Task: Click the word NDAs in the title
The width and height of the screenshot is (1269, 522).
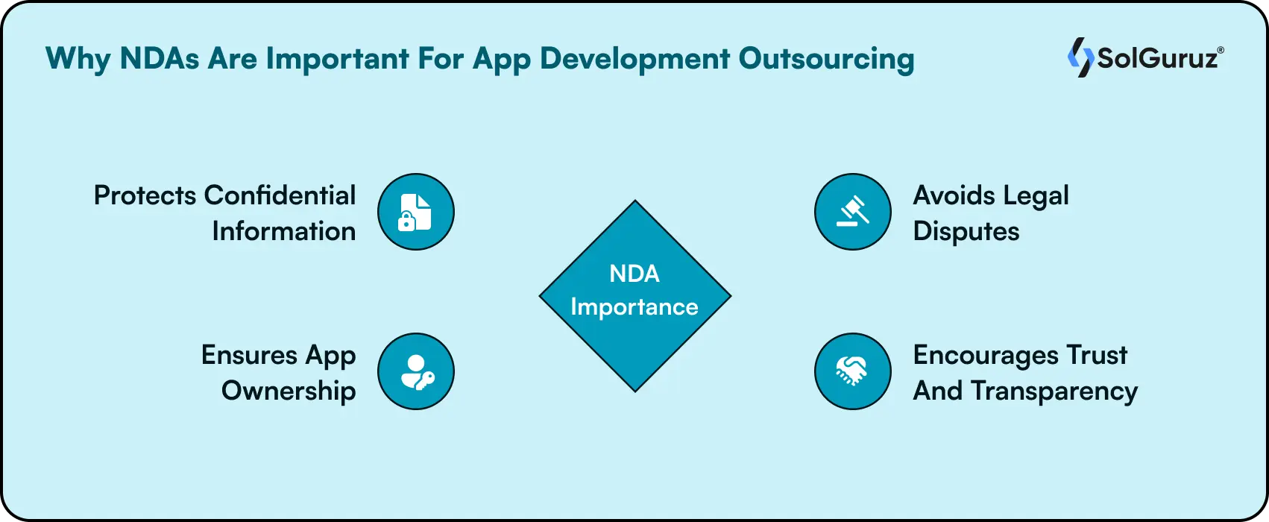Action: tap(159, 59)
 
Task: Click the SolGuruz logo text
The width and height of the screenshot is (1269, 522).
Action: tap(1159, 58)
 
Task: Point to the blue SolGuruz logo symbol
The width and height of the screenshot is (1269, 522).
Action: tap(1080, 57)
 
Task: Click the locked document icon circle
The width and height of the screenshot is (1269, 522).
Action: tap(415, 212)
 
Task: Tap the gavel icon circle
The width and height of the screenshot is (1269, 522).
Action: tap(852, 212)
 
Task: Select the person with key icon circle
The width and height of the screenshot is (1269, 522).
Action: tap(415, 371)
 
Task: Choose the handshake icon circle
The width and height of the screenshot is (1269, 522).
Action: tap(852, 371)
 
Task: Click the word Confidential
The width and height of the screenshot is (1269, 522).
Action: tap(280, 195)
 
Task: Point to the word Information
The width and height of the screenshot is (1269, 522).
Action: tap(283, 231)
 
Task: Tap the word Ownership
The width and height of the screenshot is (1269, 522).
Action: tap(289, 391)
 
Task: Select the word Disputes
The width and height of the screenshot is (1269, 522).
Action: tap(966, 231)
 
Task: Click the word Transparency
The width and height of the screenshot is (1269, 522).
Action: tap(1054, 391)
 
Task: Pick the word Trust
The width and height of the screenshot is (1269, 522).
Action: tap(1097, 355)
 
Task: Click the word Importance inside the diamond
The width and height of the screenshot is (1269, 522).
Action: tap(634, 307)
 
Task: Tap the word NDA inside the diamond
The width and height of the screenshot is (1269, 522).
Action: tap(634, 274)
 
